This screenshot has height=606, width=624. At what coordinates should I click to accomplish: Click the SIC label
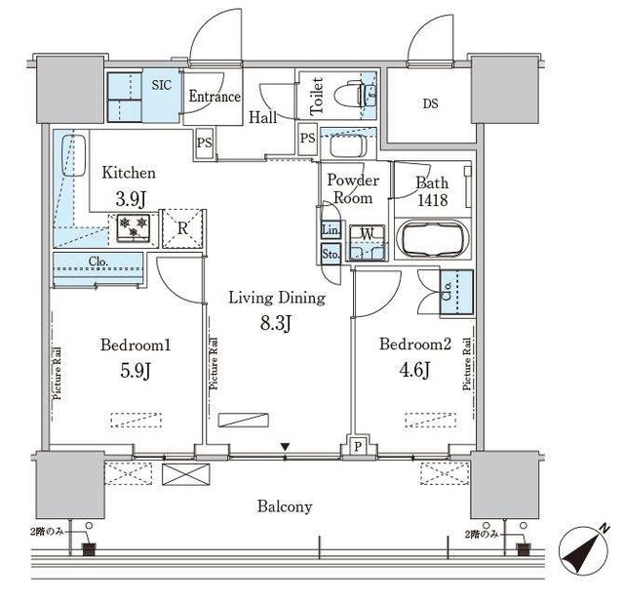[x=161, y=85]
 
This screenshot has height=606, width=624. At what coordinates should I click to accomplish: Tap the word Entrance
[x=214, y=97]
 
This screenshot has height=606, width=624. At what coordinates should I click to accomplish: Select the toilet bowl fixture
[x=351, y=95]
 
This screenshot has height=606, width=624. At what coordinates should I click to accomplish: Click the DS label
[x=430, y=104]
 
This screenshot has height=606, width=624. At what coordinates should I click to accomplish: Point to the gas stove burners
[x=134, y=228]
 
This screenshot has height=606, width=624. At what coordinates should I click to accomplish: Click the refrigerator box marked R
[x=182, y=228]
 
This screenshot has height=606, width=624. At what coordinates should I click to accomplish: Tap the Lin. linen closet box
[x=331, y=230]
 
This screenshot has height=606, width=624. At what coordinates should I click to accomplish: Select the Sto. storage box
[x=331, y=254]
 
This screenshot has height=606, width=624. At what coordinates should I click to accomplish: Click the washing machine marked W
[x=368, y=243]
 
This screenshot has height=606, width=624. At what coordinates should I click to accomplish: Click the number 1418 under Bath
[x=432, y=200]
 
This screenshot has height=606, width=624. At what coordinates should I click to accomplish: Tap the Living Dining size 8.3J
[x=276, y=323]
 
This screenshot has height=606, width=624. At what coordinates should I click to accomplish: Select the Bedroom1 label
[x=136, y=345]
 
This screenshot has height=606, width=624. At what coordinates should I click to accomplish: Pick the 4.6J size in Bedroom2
[x=413, y=370]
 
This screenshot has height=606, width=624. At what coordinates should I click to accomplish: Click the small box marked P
[x=358, y=447]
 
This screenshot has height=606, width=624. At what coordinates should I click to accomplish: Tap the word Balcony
[x=285, y=506]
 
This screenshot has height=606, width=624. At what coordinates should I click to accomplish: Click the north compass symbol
[x=584, y=549]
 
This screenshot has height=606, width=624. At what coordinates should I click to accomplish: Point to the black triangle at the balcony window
[x=285, y=447]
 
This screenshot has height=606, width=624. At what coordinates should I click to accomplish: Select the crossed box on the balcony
[x=186, y=474]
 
